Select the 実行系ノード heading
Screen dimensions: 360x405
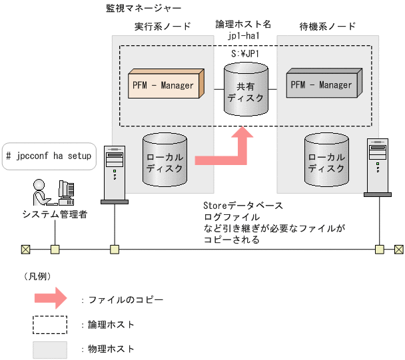tap(163, 26)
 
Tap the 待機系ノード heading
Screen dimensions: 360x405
tap(328, 26)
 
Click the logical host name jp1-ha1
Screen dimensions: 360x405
tap(243, 34)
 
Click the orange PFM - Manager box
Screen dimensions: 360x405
tap(164, 85)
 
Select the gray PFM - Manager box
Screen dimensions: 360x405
tap(322, 85)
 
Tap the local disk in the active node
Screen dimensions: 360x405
tap(166, 160)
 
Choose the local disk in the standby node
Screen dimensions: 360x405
tap(326, 160)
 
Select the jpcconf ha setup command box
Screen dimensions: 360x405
tap(49, 156)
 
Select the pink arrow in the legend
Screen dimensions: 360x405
tap(50, 299)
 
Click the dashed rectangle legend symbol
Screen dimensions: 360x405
tap(50, 324)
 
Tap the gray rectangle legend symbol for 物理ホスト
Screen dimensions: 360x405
tap(50, 349)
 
